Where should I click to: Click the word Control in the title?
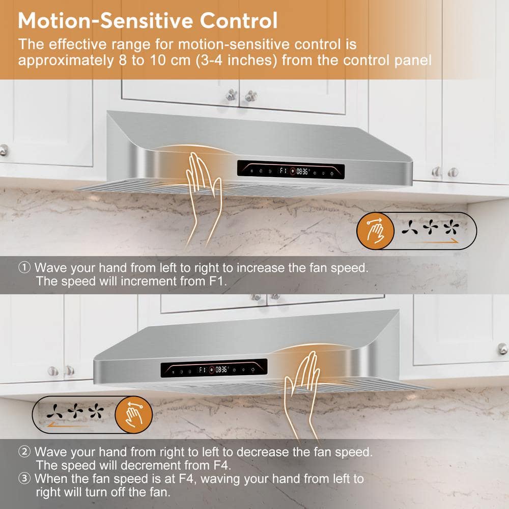pyautogui.click(x=239, y=20)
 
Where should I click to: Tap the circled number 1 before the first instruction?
pyautogui.click(x=24, y=268)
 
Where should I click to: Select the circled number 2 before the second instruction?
pyautogui.click(x=24, y=451)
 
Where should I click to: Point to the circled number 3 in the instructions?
pyautogui.click(x=24, y=478)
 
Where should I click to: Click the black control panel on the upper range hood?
pyautogui.click(x=291, y=170)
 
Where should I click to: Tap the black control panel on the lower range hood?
pyautogui.click(x=214, y=368)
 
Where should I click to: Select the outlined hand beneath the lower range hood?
pyautogui.click(x=301, y=396)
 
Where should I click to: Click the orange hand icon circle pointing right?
pyautogui.click(x=375, y=231)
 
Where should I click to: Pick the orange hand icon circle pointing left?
pyautogui.click(x=134, y=414)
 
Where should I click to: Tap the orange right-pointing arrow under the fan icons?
pyautogui.click(x=434, y=242)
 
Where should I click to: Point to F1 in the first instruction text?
pyautogui.click(x=216, y=281)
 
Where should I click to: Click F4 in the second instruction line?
pyautogui.click(x=221, y=465)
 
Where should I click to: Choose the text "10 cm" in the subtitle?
pyautogui.click(x=170, y=61)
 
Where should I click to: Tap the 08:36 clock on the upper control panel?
pyautogui.click(x=302, y=171)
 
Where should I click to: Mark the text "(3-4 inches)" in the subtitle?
pyautogui.click(x=236, y=61)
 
